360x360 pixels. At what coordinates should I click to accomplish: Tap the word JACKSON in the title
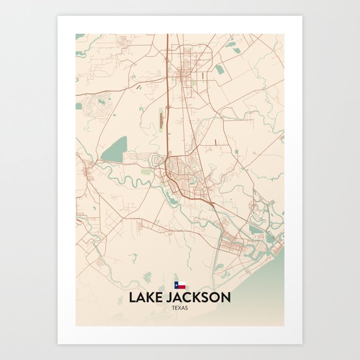click(x=199, y=298)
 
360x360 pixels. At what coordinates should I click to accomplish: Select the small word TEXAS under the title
click(x=180, y=308)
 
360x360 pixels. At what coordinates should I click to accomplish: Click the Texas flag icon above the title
click(x=179, y=284)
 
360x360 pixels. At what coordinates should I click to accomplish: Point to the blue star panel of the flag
click(x=176, y=284)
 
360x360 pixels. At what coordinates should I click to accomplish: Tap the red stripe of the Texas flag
click(x=182, y=286)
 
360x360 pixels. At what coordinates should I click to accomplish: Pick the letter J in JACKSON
click(x=171, y=298)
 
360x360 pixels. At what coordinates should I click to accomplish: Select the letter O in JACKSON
click(x=215, y=298)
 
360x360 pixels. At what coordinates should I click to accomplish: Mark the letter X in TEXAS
click(x=180, y=308)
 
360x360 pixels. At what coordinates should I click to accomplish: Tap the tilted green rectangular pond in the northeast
click(x=220, y=69)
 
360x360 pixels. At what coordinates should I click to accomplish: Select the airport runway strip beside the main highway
click(x=160, y=119)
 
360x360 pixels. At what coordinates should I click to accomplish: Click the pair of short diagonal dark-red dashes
click(x=139, y=87)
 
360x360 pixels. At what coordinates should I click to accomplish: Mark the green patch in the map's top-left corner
click(x=80, y=37)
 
